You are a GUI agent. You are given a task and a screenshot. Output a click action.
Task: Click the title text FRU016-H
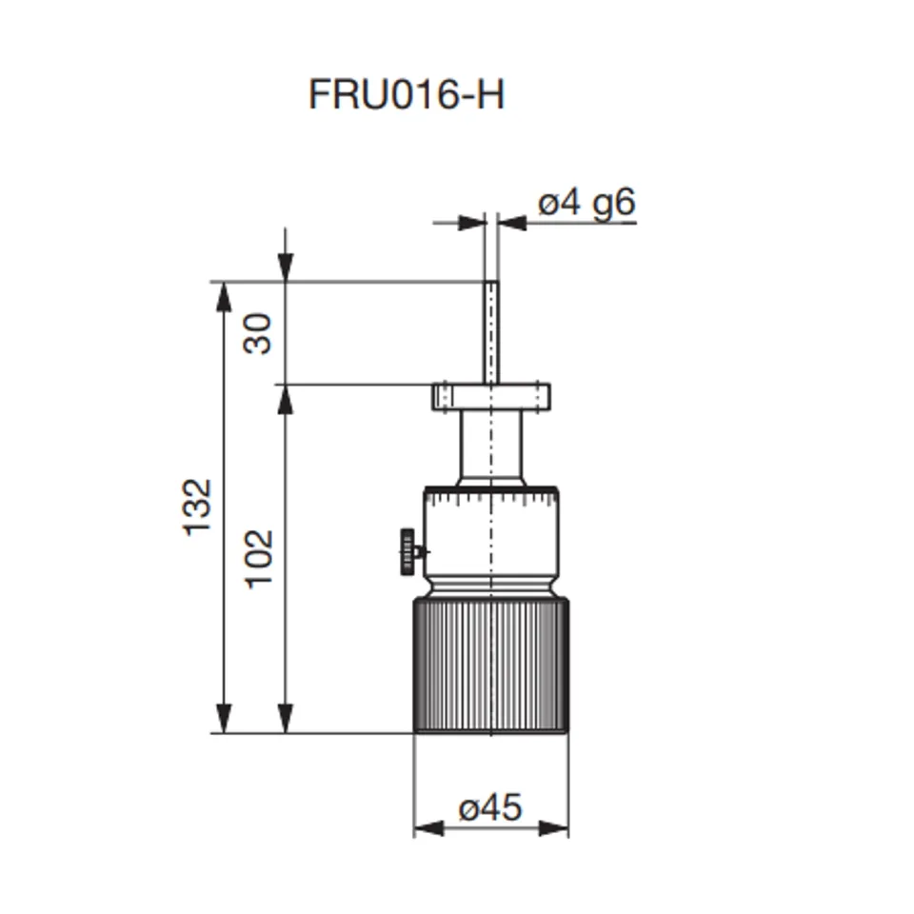pyautogui.click(x=407, y=95)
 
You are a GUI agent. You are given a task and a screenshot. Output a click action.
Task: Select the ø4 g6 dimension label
pyautogui.click(x=586, y=204)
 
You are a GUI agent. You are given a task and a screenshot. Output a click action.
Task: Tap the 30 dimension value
pyautogui.click(x=257, y=333)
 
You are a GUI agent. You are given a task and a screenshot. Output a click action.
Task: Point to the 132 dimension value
pyautogui.click(x=197, y=507)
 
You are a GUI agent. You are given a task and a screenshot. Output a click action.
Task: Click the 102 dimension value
pyautogui.click(x=258, y=558)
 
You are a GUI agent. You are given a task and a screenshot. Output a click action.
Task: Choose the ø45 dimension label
pyautogui.click(x=490, y=808)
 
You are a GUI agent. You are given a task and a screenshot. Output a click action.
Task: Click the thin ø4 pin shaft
pyautogui.click(x=490, y=331)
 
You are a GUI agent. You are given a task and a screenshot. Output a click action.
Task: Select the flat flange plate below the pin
pyautogui.click(x=490, y=396)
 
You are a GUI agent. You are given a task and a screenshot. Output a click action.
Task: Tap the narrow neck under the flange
pyautogui.click(x=490, y=446)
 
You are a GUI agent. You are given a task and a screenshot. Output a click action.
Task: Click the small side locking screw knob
pyautogui.click(x=408, y=551)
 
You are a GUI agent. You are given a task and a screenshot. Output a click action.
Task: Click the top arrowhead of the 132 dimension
pyautogui.click(x=224, y=296)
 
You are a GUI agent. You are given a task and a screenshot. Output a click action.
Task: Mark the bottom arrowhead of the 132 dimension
pyautogui.click(x=224, y=719)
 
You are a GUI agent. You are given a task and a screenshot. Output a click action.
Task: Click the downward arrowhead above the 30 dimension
pyautogui.click(x=285, y=268)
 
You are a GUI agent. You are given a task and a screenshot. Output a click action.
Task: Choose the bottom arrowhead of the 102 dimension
pyautogui.click(x=285, y=719)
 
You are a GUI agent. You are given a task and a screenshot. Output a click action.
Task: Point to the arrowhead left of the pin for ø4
pyautogui.click(x=472, y=223)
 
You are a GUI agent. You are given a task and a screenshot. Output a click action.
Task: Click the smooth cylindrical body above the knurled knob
pyautogui.click(x=490, y=538)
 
